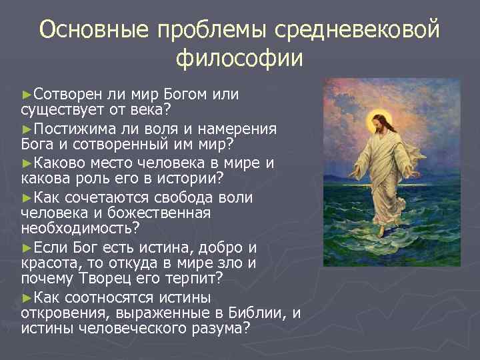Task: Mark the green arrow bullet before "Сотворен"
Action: (27, 94)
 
